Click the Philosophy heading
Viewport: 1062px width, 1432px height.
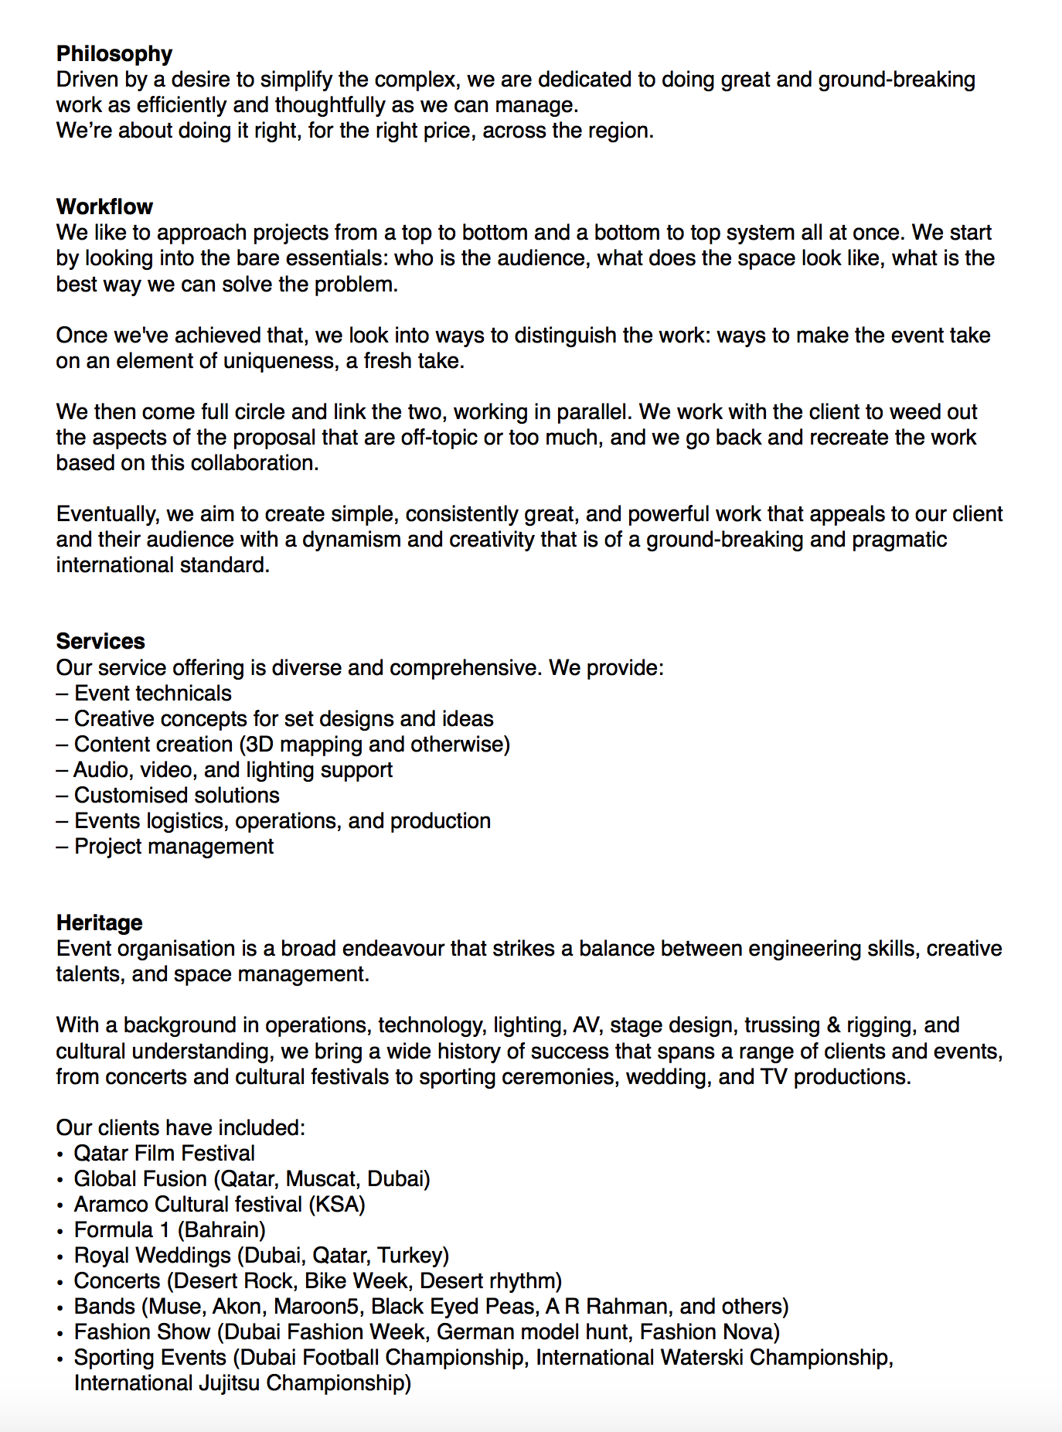114,53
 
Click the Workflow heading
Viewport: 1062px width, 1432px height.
104,206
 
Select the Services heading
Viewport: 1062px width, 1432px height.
100,641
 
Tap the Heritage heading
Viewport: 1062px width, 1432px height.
99,922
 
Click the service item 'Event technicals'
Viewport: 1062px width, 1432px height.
152,693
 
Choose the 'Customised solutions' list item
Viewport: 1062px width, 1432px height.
176,795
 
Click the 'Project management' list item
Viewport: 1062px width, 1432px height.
173,847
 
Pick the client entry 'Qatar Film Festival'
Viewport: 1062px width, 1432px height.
164,1153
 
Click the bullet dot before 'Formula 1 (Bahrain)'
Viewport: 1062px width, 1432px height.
60,1231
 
